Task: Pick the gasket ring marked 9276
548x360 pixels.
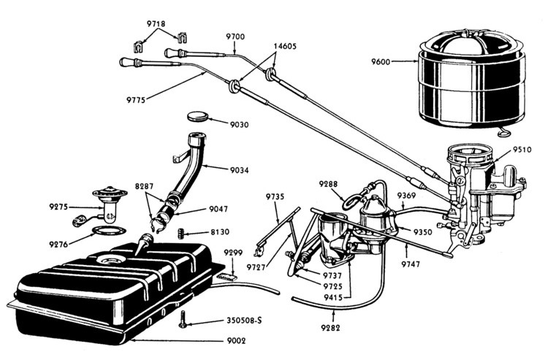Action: (108, 232)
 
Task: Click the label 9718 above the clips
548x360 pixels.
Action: (156, 23)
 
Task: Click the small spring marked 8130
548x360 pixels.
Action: (180, 233)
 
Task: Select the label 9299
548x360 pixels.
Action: (233, 252)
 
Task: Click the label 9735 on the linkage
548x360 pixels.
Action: (275, 196)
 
